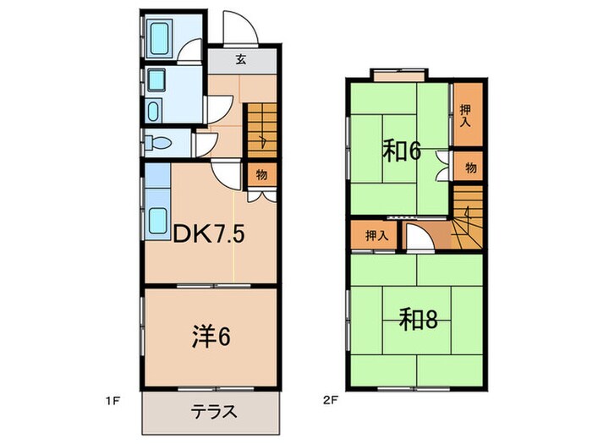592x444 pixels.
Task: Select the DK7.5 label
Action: (x=210, y=233)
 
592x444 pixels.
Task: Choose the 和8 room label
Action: (x=417, y=319)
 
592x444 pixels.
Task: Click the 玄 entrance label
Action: (x=241, y=60)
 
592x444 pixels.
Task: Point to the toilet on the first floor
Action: (x=156, y=142)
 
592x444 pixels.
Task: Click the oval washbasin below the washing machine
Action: (x=155, y=110)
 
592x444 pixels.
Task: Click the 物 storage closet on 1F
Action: (x=260, y=175)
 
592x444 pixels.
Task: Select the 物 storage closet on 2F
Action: (x=470, y=167)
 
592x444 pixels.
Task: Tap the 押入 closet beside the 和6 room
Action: (x=466, y=114)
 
